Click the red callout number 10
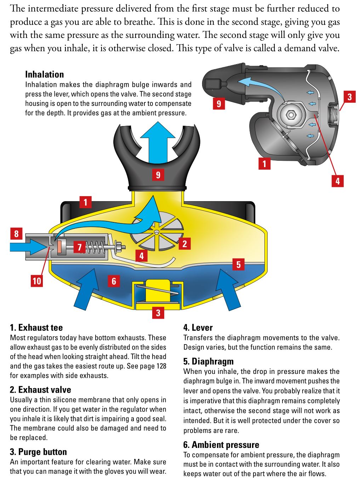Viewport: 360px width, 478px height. tap(37, 281)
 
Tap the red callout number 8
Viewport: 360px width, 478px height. tap(16, 234)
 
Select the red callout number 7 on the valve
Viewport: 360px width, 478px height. tap(80, 247)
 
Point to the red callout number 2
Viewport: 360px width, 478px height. tap(184, 244)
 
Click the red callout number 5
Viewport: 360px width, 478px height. tap(238, 264)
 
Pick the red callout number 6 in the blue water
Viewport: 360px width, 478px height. tap(114, 281)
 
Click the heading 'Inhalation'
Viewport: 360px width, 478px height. tap(44, 74)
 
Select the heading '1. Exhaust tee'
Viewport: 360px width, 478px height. tap(36, 328)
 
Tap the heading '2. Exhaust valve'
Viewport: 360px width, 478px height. tap(40, 390)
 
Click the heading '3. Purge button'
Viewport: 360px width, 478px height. tap(38, 452)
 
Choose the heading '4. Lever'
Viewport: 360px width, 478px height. tap(198, 328)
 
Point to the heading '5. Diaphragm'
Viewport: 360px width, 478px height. tap(208, 362)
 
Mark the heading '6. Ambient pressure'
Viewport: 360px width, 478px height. tap(221, 445)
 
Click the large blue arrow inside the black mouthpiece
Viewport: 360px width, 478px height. tap(158, 145)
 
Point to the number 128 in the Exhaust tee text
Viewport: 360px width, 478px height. tap(161, 366)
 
